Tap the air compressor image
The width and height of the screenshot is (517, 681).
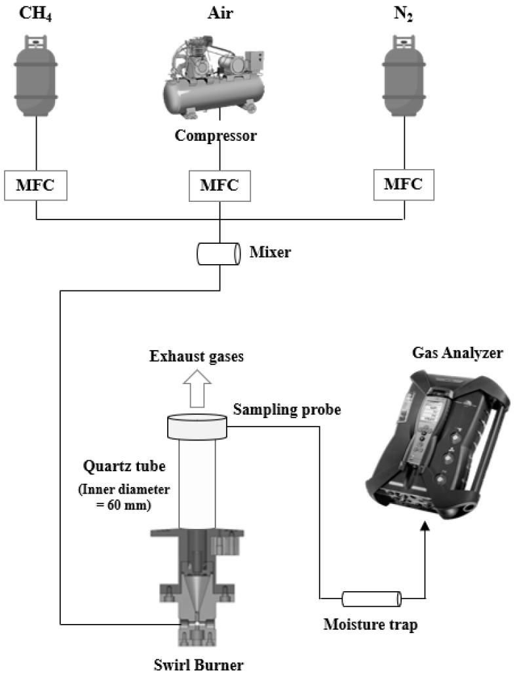tap(219, 72)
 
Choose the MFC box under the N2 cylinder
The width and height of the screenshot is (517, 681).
tap(404, 185)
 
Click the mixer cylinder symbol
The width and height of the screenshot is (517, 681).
tap(219, 252)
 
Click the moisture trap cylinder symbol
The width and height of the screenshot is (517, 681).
tap(371, 598)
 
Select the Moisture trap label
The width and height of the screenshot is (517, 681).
tap(370, 625)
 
